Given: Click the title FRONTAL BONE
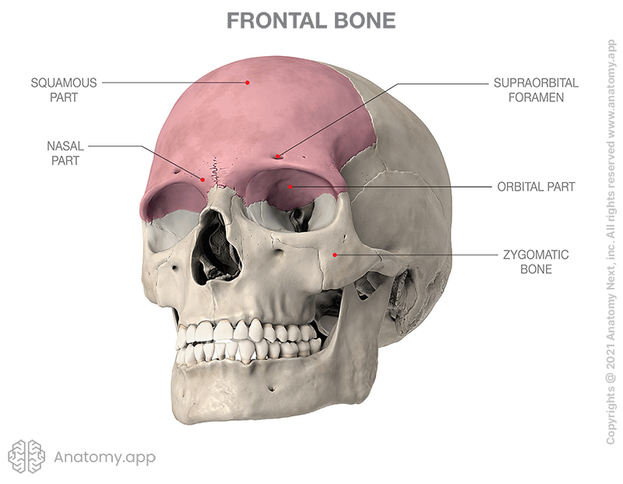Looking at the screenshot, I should (311, 21).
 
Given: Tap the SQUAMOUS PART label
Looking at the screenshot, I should (65, 89).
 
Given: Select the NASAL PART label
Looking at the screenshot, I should (65, 153).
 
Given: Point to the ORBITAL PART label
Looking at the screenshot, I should (537, 187).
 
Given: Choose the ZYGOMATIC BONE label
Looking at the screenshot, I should (537, 261).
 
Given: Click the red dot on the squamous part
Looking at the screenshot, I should (248, 82).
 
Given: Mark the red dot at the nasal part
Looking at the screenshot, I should (204, 180).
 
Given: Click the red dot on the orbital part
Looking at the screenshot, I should (290, 187).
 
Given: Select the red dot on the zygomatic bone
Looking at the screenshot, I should (335, 254).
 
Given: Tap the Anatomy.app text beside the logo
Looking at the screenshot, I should (104, 458).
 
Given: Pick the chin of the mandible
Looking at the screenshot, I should (234, 409).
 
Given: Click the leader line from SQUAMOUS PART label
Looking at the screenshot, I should (171, 82).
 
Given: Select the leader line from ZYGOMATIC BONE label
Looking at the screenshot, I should (413, 254).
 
